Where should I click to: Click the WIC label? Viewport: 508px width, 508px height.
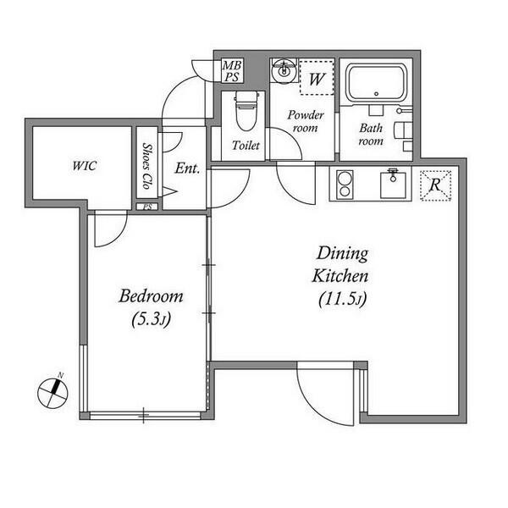[x=84, y=166]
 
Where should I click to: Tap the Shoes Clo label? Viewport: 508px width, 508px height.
[x=147, y=166]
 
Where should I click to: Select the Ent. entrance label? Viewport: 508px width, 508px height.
[x=187, y=168]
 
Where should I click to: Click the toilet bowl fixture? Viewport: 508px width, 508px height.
[x=246, y=110]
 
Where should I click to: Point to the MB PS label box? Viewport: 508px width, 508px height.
[x=232, y=71]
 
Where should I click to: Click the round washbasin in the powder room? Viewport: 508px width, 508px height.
[x=284, y=71]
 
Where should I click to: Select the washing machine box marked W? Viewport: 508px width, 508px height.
[x=317, y=78]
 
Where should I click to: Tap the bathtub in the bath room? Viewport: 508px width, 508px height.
[x=376, y=84]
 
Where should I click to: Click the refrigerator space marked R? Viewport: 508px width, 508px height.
[x=435, y=185]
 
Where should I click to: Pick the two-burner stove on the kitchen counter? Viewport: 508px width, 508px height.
[x=345, y=185]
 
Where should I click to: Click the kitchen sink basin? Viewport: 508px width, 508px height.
[x=393, y=185]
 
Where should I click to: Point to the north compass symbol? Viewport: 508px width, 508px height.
[x=52, y=392]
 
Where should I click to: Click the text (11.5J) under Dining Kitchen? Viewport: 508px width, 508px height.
[x=342, y=299]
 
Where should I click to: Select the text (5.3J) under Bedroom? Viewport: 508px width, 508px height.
[x=151, y=320]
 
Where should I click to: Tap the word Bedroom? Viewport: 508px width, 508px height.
[x=151, y=296]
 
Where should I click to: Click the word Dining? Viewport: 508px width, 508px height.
[x=342, y=254]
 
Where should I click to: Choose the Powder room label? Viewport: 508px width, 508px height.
[x=306, y=121]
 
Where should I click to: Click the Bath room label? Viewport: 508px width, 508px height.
[x=371, y=135]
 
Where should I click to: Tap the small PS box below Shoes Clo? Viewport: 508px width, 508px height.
[x=147, y=207]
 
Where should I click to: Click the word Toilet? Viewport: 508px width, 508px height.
[x=246, y=146]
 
